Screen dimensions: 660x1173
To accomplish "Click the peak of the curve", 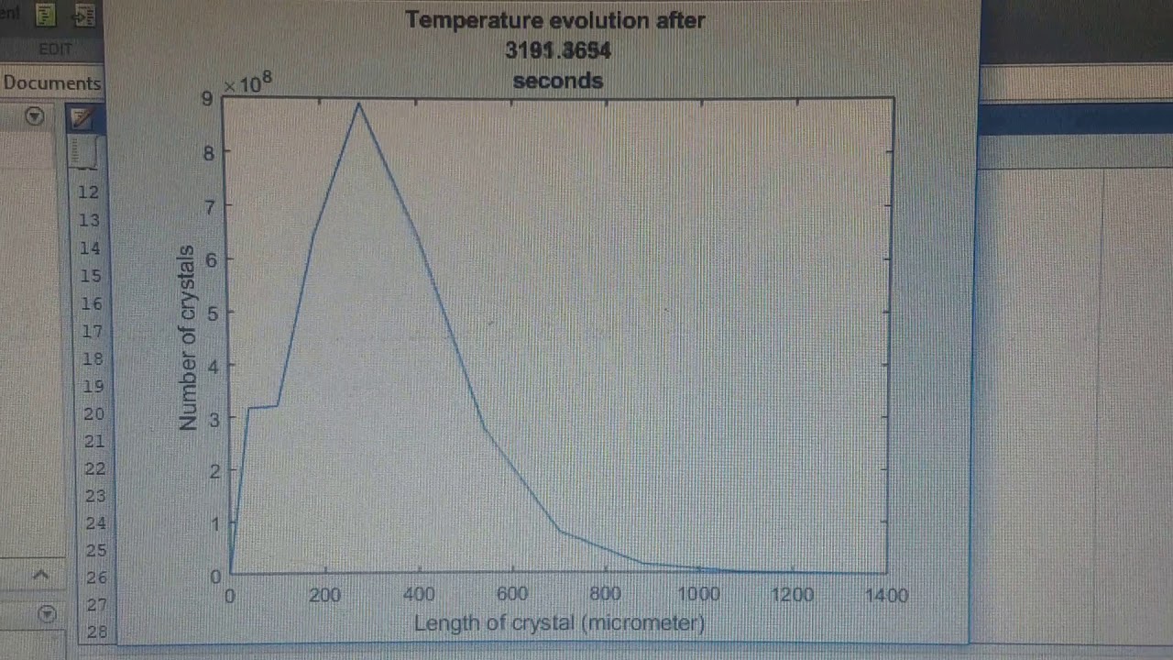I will tap(358, 104).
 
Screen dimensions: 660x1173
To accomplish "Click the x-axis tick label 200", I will tap(324, 596).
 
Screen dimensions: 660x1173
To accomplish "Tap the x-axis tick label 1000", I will tap(698, 595).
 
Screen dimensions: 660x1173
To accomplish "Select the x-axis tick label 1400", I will tap(886, 596).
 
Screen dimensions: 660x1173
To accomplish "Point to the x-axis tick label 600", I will tap(511, 595).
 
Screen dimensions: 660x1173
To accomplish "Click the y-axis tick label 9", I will tap(207, 99).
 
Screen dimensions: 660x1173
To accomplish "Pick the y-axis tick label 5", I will tap(214, 313).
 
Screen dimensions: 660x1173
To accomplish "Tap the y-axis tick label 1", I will tap(214, 524).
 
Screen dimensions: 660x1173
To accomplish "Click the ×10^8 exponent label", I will tap(247, 83).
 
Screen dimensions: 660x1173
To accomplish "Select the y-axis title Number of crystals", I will tap(187, 337).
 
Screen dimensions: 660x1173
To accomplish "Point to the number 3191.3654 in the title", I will tap(557, 51).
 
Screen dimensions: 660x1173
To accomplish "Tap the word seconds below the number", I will tap(557, 81).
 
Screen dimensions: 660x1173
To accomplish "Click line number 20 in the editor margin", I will tap(93, 413).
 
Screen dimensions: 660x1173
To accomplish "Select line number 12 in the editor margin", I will tap(89, 192).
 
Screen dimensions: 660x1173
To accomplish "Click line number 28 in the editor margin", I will tap(97, 632).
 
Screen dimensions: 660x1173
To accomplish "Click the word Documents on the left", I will tap(51, 82).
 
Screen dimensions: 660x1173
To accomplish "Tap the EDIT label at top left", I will tap(55, 49).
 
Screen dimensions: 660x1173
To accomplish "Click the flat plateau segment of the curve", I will tap(262, 406).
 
